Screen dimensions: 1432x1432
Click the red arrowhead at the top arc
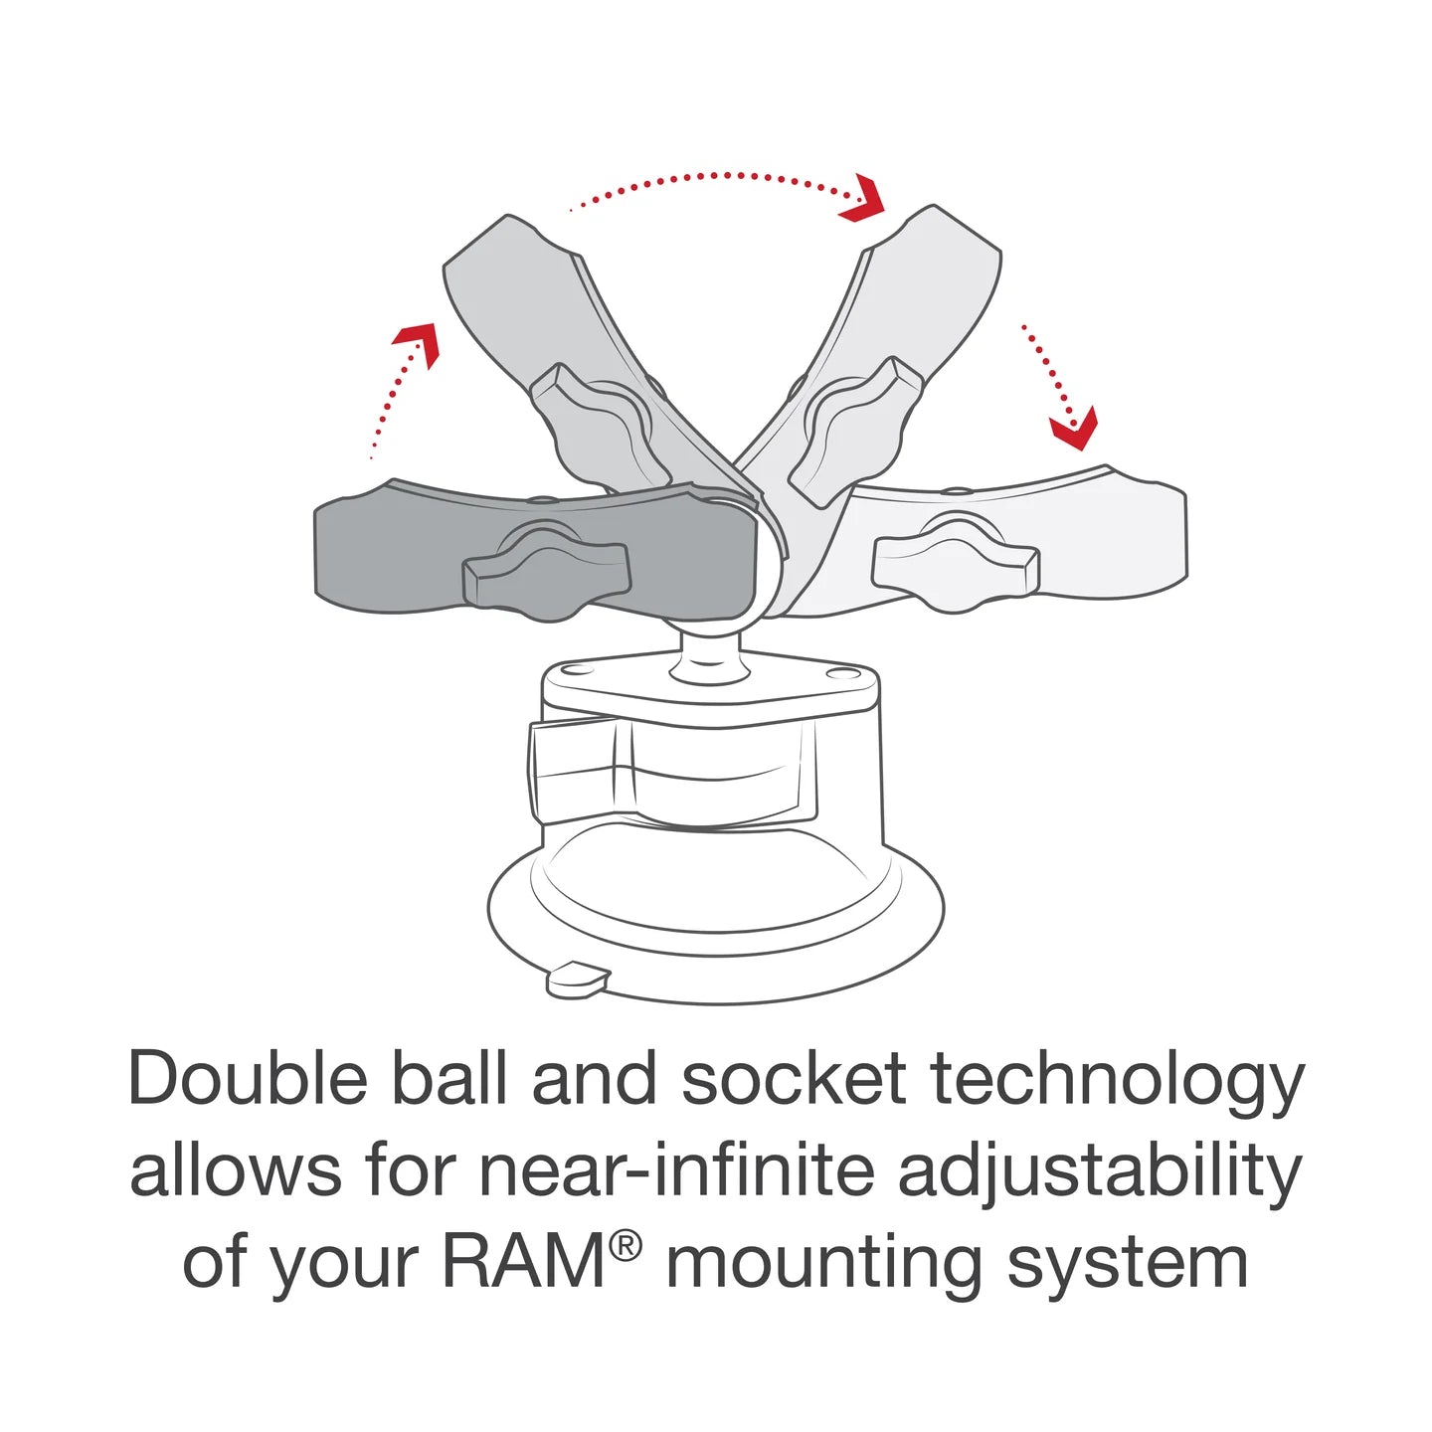tap(863, 200)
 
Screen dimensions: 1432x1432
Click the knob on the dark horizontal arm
tap(546, 575)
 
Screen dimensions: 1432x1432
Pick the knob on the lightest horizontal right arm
tap(956, 564)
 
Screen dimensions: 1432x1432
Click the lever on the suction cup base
tap(577, 772)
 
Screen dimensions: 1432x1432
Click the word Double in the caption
tap(248, 1079)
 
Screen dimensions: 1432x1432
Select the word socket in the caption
tap(794, 1079)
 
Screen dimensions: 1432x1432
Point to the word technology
tap(1117, 1082)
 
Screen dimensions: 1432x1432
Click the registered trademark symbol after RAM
tap(626, 1244)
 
